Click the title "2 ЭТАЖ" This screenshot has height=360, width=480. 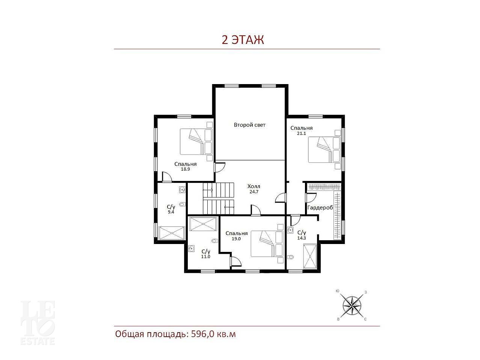[243, 40]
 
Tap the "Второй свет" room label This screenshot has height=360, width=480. [249, 125]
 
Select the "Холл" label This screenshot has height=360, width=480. [254, 187]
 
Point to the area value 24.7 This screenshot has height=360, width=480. [254, 192]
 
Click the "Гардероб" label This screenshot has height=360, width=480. [320, 208]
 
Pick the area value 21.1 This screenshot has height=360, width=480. [301, 134]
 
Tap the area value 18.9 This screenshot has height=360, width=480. [185, 169]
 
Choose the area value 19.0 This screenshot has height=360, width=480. [236, 239]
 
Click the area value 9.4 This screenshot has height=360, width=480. [171, 212]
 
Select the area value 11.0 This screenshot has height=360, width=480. [205, 257]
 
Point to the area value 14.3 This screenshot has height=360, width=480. [301, 238]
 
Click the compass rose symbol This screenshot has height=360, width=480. [352, 306]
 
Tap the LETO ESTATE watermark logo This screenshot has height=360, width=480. [38, 323]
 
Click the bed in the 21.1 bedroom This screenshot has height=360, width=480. [324, 150]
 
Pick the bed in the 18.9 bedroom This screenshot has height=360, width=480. [196, 142]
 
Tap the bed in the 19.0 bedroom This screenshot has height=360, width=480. [267, 244]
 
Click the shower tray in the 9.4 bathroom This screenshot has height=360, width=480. [171, 233]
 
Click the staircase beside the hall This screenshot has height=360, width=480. [218, 199]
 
